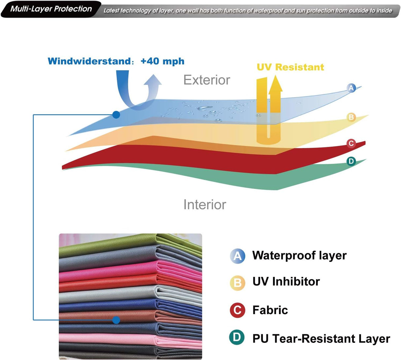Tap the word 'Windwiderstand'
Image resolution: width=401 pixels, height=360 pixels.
89,61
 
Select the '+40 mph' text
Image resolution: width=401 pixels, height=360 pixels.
162,61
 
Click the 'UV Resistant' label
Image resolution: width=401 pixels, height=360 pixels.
290,67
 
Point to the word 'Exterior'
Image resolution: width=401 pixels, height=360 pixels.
206,80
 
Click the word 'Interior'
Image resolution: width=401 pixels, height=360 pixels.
204,205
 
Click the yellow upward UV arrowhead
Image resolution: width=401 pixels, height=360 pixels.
275,85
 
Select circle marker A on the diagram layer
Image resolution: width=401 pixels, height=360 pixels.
351,88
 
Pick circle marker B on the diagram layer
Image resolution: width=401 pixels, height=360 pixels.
351,117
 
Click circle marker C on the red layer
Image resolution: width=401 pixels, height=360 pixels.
351,143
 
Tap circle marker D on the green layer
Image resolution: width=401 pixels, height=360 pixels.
351,161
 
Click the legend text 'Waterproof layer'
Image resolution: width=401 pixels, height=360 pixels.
299,255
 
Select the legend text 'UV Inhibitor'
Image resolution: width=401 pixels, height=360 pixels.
286,282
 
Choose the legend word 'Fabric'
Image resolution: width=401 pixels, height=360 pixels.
270,310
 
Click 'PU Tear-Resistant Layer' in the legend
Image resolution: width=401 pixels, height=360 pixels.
321,339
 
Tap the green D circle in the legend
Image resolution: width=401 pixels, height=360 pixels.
237,337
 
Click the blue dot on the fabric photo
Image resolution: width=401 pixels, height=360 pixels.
116,320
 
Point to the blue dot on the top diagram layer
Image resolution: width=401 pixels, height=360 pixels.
116,115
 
